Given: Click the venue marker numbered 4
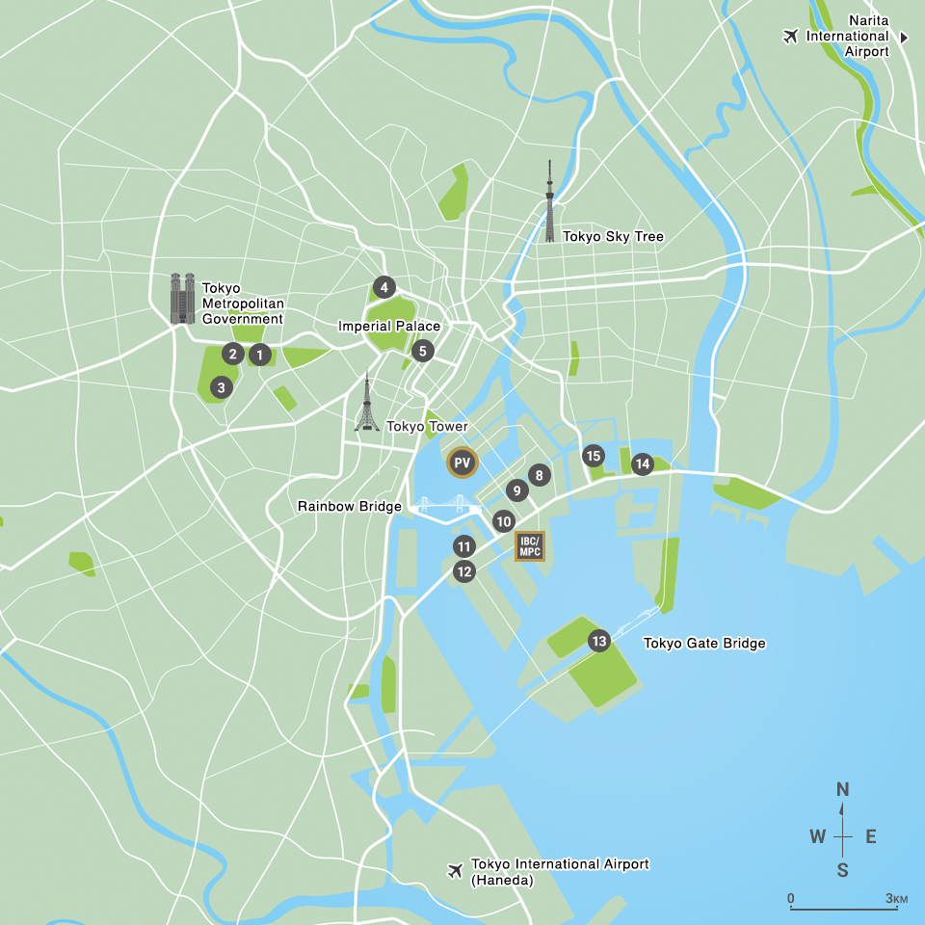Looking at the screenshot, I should click(383, 287).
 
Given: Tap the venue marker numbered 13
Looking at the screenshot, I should click(599, 641).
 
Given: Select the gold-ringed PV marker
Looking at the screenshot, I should click(462, 463).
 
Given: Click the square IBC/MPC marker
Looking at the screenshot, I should click(530, 546).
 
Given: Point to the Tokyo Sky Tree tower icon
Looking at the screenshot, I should click(550, 202).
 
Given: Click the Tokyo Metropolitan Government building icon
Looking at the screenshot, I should click(182, 298).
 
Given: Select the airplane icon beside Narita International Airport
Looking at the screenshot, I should click(791, 37).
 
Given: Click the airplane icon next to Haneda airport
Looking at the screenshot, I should click(455, 871).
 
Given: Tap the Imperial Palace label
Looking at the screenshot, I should click(389, 327).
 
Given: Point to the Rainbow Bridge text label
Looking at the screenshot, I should click(349, 506).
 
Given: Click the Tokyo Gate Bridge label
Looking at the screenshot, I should click(704, 643).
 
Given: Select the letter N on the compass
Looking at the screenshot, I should click(843, 790).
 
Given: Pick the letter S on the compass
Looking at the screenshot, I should click(843, 870).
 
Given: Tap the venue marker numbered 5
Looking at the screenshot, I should click(422, 351).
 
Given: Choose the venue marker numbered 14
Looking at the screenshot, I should click(643, 464).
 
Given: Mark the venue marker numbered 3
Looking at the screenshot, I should click(221, 387).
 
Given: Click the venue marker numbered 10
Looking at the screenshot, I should click(503, 521).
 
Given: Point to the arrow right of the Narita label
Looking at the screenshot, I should click(904, 37).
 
